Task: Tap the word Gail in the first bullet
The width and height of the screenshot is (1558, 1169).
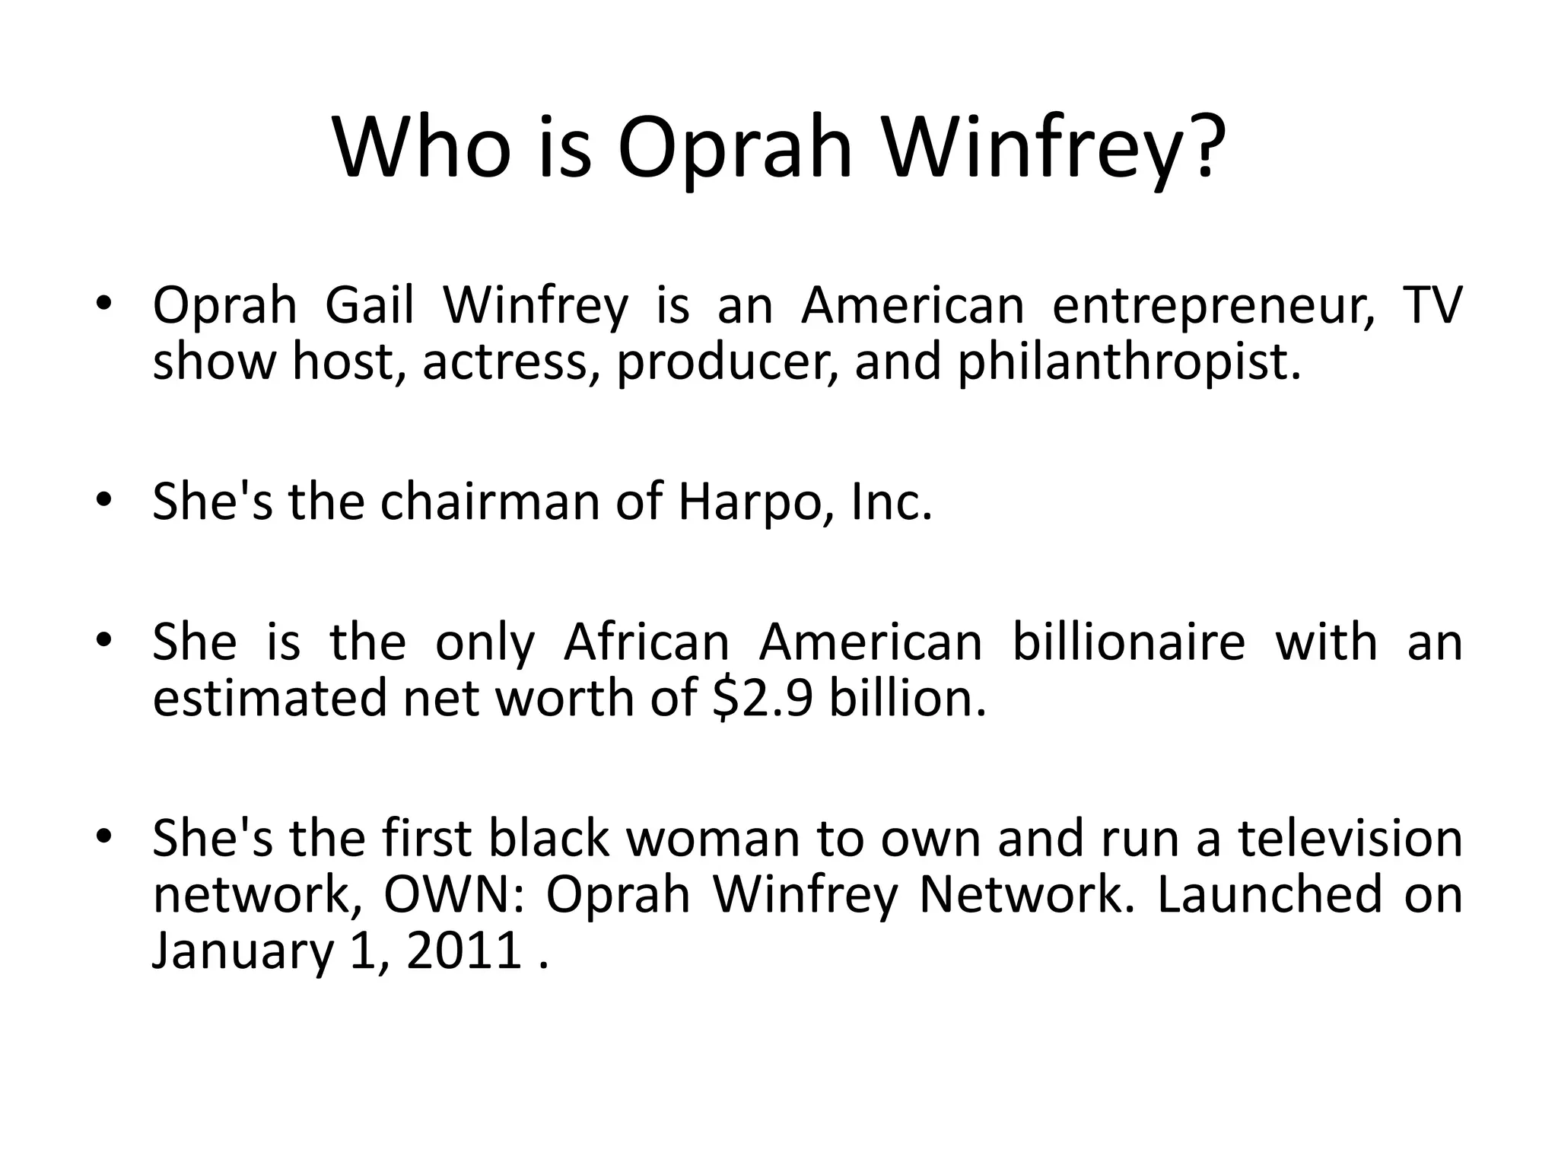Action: pyautogui.click(x=370, y=306)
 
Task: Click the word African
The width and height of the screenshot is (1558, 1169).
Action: pyautogui.click(x=647, y=642)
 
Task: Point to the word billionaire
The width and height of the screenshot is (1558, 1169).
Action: pyautogui.click(x=1128, y=642)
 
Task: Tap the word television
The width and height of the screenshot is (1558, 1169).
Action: pyautogui.click(x=1350, y=839)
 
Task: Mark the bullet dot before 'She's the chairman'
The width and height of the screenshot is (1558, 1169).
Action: pyautogui.click(x=104, y=500)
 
